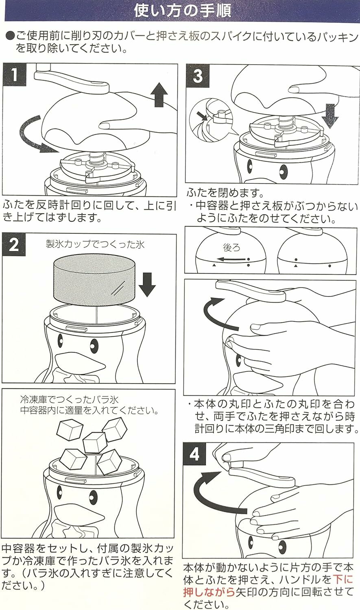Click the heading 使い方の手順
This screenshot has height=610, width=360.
183,11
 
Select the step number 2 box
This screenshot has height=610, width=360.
14,245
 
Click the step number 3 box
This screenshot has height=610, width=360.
198,76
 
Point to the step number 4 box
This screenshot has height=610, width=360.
194,454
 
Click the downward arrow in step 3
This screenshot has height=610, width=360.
330,115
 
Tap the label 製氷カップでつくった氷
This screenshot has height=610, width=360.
95,244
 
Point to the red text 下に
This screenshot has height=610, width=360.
343,579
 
